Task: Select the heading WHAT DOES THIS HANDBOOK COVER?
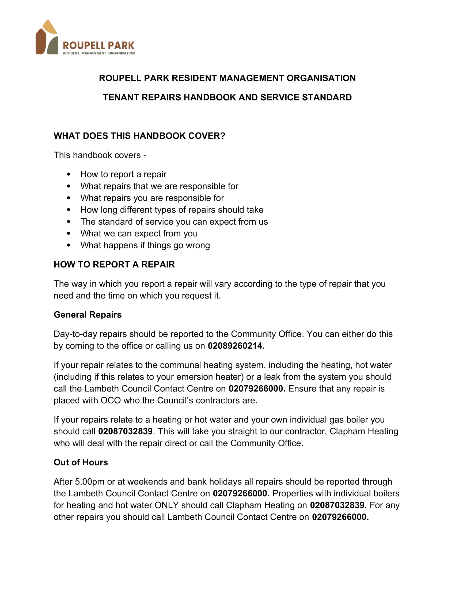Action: point(139,136)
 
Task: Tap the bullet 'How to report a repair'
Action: point(123,174)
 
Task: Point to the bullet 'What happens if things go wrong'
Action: point(145,245)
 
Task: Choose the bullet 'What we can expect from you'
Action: point(139,233)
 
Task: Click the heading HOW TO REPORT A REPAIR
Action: point(114,264)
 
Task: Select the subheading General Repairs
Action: point(88,315)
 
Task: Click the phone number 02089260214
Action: point(236,346)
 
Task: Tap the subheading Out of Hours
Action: point(81,462)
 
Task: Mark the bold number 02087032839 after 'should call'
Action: point(125,431)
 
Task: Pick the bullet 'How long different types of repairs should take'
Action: point(172,210)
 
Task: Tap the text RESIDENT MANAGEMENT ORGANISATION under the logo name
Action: point(99,53)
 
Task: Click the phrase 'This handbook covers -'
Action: point(100,155)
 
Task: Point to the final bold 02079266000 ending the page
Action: point(340,517)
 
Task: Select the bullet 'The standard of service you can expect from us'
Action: point(174,221)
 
